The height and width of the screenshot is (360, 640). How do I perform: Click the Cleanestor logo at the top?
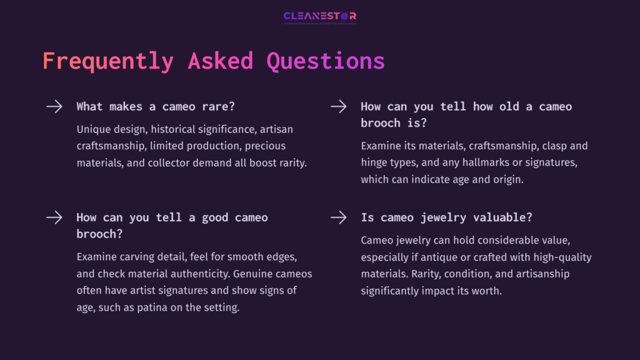(319, 17)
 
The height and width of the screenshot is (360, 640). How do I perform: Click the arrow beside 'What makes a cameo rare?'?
(54, 106)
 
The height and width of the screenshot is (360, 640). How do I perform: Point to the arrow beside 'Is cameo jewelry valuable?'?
(338, 217)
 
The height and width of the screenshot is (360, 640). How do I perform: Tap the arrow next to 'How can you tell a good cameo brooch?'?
(54, 217)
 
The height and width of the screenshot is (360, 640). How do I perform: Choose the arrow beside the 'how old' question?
(338, 106)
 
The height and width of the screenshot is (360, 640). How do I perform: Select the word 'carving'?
(139, 257)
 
